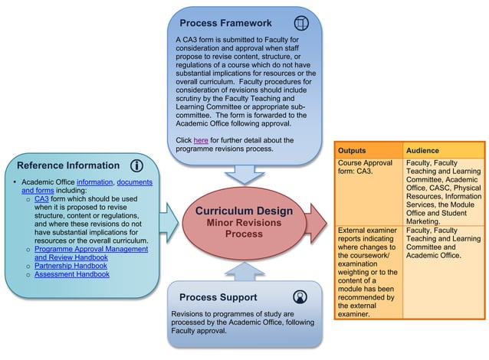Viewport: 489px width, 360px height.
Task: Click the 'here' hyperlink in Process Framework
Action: (x=201, y=140)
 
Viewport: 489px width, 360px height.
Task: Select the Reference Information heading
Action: (x=68, y=165)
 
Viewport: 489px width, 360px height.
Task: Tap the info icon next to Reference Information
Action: (x=137, y=165)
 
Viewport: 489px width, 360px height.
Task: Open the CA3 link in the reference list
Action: (x=41, y=198)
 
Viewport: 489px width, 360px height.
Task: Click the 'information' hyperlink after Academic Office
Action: (x=94, y=182)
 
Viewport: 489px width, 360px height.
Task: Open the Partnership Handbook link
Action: (x=71, y=266)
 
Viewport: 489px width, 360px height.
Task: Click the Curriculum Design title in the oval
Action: (x=243, y=211)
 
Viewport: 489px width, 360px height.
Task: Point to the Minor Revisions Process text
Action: (x=243, y=227)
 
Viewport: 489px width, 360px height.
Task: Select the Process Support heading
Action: (x=218, y=297)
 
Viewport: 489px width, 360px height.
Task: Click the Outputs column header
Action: (x=353, y=151)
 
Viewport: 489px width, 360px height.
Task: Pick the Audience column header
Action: (x=422, y=151)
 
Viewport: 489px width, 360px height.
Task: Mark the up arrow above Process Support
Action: (x=244, y=270)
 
